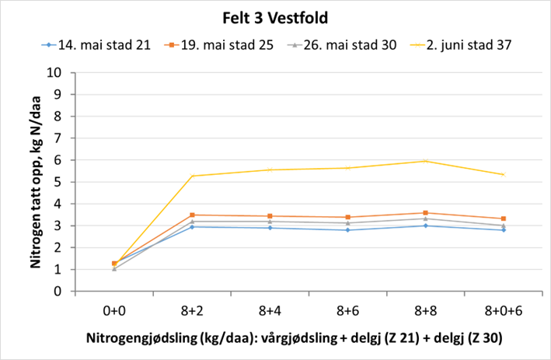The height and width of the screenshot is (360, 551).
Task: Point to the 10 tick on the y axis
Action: tap(55, 73)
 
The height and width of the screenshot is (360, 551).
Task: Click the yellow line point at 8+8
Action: tap(424, 161)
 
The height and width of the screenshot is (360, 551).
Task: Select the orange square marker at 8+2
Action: tap(192, 215)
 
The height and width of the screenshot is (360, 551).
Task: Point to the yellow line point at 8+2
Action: tap(192, 176)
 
